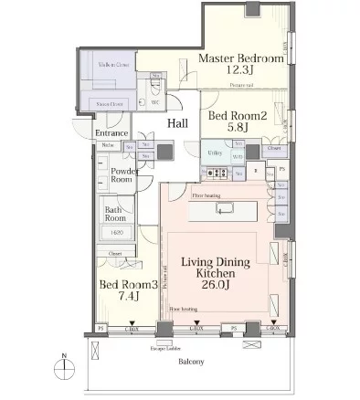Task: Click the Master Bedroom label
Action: (x=241, y=58)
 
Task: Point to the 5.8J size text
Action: (x=236, y=130)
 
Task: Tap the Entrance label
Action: (x=111, y=133)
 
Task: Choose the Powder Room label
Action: (x=124, y=175)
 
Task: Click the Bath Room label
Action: (x=114, y=214)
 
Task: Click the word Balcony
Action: (x=189, y=360)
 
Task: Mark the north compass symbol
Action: (x=61, y=368)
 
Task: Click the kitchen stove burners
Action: (x=217, y=172)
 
